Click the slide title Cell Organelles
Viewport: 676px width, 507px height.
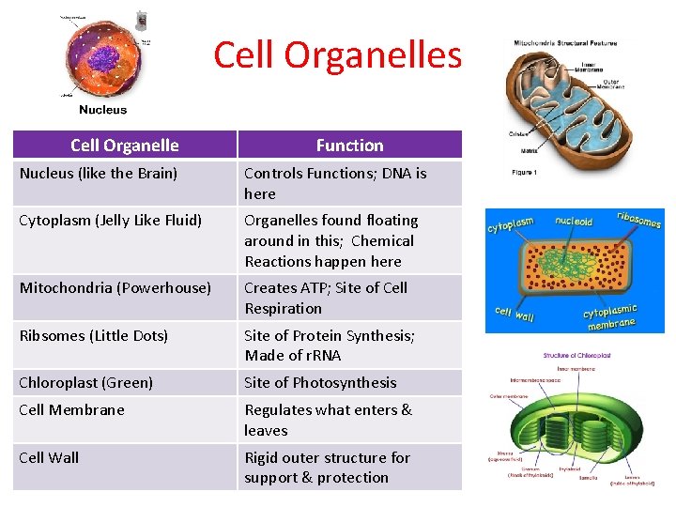(337, 55)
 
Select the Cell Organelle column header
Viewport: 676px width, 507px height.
(124, 145)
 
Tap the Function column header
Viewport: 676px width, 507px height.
(349, 145)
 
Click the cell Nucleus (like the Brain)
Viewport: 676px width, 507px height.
(99, 174)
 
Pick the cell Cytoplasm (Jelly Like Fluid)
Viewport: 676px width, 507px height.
(111, 221)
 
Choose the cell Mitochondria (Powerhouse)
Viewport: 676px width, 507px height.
(115, 288)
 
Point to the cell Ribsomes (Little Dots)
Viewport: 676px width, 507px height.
(94, 335)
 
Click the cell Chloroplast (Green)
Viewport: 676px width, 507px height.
(86, 383)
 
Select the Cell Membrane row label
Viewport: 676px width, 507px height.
(71, 410)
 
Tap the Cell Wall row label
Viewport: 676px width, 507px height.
(49, 458)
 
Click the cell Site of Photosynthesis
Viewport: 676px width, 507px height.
(320, 383)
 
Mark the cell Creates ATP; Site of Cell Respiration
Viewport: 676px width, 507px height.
(326, 298)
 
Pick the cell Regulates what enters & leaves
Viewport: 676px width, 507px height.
(328, 420)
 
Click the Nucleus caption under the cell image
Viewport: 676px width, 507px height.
(102, 110)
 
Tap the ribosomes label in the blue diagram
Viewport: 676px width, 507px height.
(638, 220)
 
